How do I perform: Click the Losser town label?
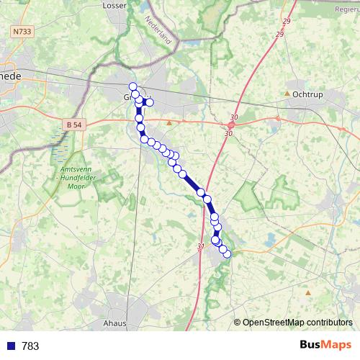(x=114, y=5)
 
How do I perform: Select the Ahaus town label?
(x=114, y=323)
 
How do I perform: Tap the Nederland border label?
(x=159, y=30)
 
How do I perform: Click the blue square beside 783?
(x=10, y=346)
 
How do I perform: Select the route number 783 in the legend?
(x=30, y=346)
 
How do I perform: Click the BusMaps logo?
(x=325, y=346)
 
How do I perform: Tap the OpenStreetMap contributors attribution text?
(x=297, y=323)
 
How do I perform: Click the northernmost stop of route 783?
(x=132, y=86)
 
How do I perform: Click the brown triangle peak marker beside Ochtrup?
(x=287, y=94)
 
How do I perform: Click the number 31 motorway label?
(x=199, y=247)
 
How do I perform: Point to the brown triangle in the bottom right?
(x=308, y=293)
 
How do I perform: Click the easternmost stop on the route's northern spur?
(x=150, y=102)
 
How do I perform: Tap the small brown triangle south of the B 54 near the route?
(x=169, y=123)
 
